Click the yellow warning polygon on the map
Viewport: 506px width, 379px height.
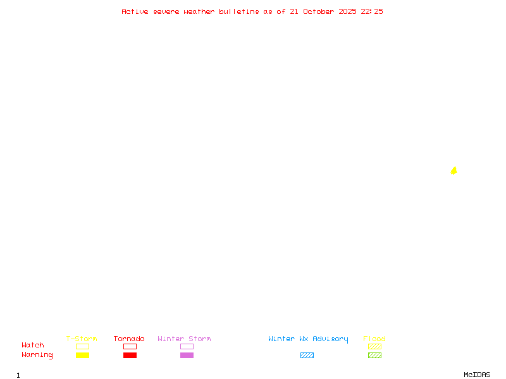pyautogui.click(x=454, y=171)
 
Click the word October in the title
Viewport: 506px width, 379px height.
pyautogui.click(x=318, y=11)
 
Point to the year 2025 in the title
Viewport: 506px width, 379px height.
pyautogui.click(x=347, y=11)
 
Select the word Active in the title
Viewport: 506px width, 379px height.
pyautogui.click(x=135, y=11)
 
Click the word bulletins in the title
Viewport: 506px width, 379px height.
pyautogui.click(x=239, y=11)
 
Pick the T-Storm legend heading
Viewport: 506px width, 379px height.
pyautogui.click(x=82, y=339)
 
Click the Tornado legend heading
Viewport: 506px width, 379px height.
pyautogui.click(x=129, y=339)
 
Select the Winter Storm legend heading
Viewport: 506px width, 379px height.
pyautogui.click(x=184, y=339)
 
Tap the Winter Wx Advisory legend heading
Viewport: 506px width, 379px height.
pyautogui.click(x=308, y=339)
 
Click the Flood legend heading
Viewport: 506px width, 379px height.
pyautogui.click(x=374, y=339)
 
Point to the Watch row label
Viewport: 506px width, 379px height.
pyautogui.click(x=33, y=345)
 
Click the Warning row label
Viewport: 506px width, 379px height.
pyautogui.click(x=37, y=355)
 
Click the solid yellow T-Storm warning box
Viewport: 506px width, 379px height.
pyautogui.click(x=83, y=355)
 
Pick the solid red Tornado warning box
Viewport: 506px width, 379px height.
pyautogui.click(x=130, y=355)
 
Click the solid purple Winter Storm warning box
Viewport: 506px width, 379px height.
pyautogui.click(x=187, y=355)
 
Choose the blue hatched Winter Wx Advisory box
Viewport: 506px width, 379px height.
pyautogui.click(x=307, y=355)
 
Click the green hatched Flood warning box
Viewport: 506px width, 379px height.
pyautogui.click(x=374, y=355)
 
